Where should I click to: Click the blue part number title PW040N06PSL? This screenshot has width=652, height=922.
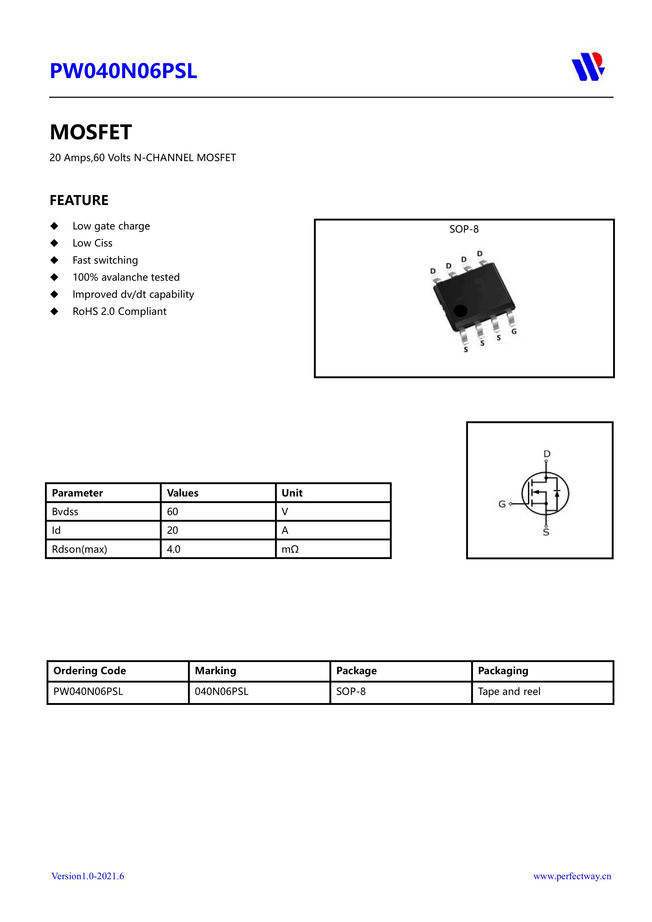(123, 71)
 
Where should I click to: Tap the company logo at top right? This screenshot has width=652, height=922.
(588, 67)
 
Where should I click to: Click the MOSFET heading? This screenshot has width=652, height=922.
(91, 132)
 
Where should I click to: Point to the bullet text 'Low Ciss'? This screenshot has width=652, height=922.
(92, 243)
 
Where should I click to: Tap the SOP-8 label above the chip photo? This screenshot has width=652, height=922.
(464, 229)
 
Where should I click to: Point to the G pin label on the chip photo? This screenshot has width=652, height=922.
(514, 332)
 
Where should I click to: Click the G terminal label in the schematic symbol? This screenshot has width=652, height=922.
(502, 504)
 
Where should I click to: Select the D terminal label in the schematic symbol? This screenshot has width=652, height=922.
(547, 454)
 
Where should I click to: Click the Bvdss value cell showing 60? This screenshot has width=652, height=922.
(173, 512)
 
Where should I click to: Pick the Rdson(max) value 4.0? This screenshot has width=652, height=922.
(174, 549)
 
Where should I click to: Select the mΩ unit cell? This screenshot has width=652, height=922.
(290, 549)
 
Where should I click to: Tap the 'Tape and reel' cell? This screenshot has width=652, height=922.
(509, 691)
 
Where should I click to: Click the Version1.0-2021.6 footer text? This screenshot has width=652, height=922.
(88, 876)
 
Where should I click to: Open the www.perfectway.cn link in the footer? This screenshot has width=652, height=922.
(572, 876)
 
